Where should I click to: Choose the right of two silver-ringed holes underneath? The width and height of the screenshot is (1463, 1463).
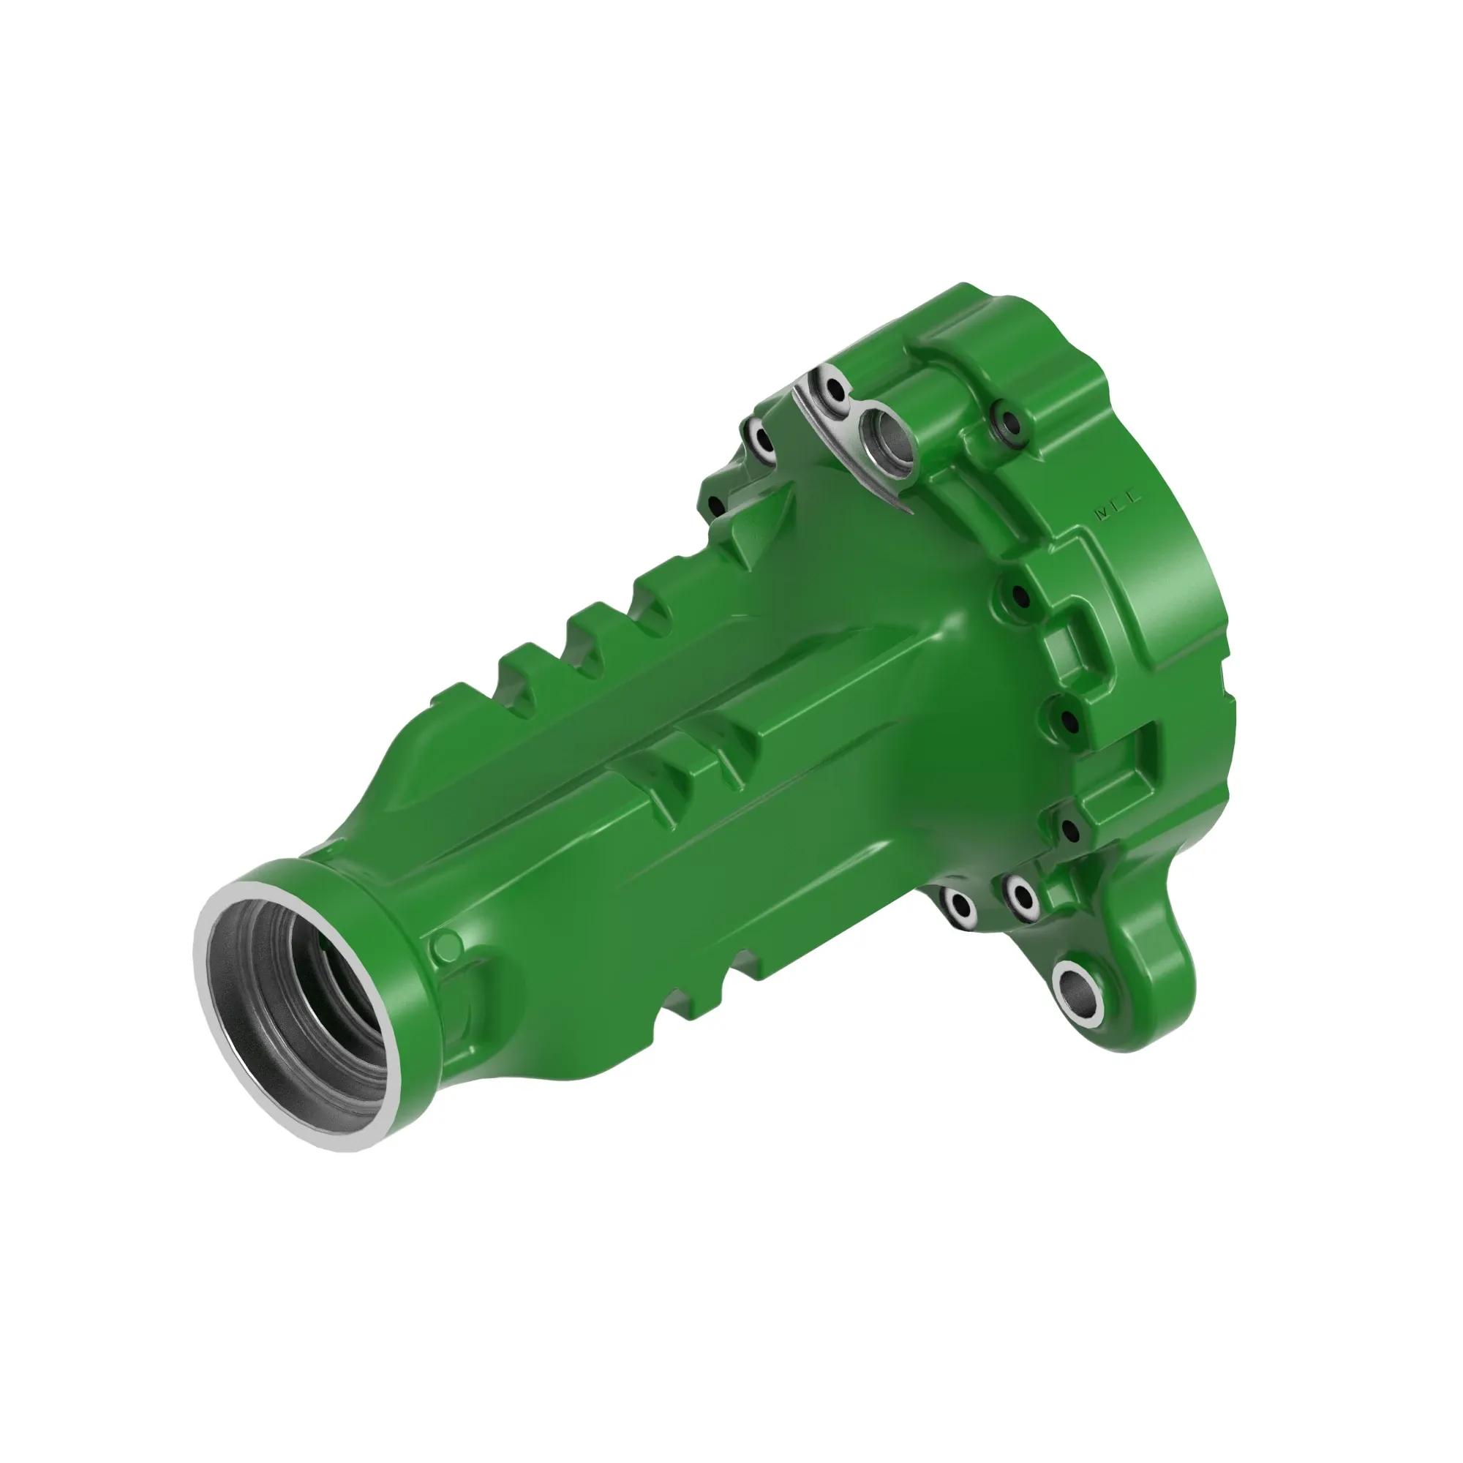point(1023,896)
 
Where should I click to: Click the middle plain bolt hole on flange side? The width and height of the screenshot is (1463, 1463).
point(1068,720)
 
